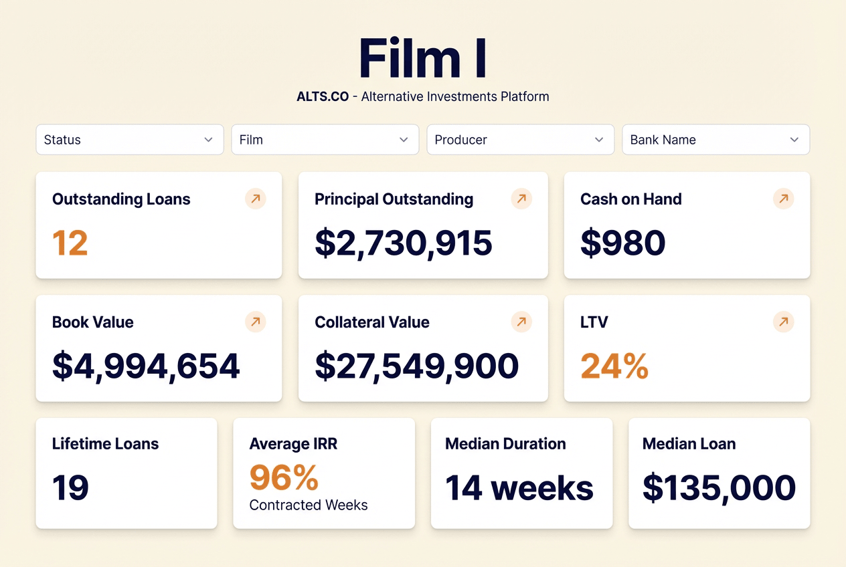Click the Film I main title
point(422,58)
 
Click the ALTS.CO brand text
point(323,96)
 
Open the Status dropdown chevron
point(208,140)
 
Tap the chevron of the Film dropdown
point(404,140)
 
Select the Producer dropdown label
point(460,140)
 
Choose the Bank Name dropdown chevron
point(794,140)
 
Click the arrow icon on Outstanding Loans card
point(256,199)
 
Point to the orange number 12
point(70,243)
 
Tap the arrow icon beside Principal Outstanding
point(521,199)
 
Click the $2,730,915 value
point(404,243)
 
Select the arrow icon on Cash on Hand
point(784,199)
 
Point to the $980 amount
point(623,243)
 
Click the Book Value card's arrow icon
point(256,322)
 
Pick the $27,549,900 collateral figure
point(416,366)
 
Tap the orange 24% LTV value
point(614,366)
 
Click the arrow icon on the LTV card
point(784,322)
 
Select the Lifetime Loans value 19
point(71,487)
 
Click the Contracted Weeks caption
point(309,505)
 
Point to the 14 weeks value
point(519,487)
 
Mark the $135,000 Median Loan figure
point(719,488)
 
